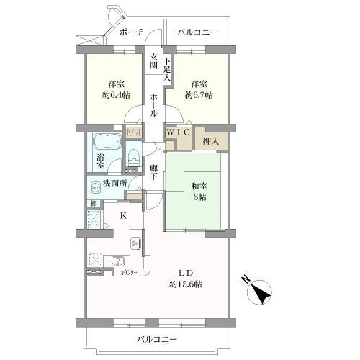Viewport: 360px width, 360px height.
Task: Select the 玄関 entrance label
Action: (153, 63)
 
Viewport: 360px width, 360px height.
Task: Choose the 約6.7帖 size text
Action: (200, 94)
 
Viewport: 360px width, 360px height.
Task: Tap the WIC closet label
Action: (178, 132)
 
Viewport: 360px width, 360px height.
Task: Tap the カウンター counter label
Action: (129, 273)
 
